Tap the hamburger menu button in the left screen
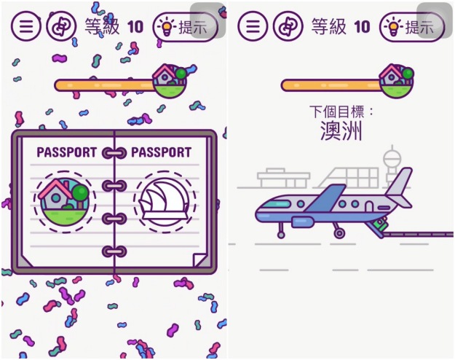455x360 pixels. [x=26, y=27]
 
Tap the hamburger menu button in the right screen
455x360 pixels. [x=253, y=27]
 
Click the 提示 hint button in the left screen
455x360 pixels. [x=185, y=28]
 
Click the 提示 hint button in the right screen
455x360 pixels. [x=412, y=28]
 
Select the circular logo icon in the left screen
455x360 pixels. [x=60, y=27]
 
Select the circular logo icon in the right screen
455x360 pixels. [x=288, y=27]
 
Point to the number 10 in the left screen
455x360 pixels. [x=135, y=28]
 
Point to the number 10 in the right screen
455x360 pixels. [x=362, y=28]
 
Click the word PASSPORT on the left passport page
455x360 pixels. [x=66, y=153]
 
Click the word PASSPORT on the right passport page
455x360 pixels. [x=162, y=153]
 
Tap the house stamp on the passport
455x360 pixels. [x=64, y=199]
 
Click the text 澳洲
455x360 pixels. [x=341, y=131]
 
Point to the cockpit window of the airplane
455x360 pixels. [x=271, y=206]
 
